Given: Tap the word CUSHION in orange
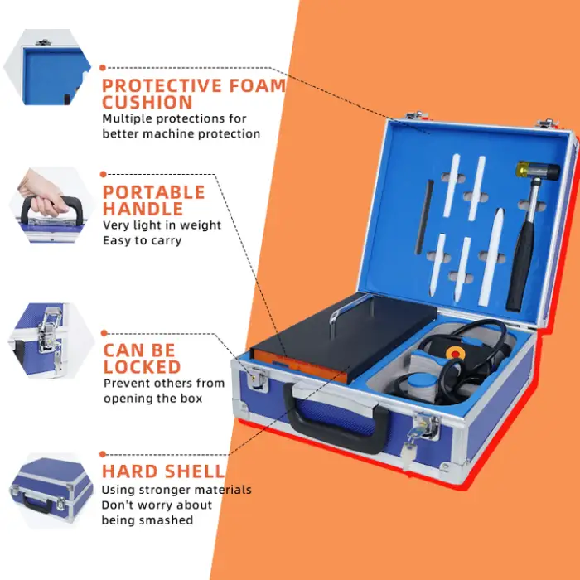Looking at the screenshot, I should click(147, 103).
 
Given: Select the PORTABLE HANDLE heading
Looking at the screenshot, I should click(153, 201).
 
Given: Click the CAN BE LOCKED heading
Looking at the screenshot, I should click(142, 358).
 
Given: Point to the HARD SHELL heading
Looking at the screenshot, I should click(162, 471).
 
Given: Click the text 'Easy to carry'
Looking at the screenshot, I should click(142, 240).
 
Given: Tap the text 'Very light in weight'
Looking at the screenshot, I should click(162, 225).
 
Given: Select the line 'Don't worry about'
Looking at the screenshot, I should click(157, 505).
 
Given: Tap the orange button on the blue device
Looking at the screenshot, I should click(454, 352).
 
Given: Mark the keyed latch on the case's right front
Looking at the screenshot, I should click(426, 430).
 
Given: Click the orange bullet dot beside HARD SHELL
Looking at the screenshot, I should click(103, 454).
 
